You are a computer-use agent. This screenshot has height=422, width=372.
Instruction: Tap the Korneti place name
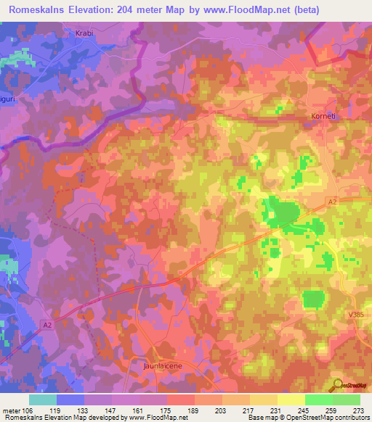(317, 115)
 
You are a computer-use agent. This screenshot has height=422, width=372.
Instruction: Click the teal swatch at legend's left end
(43, 399)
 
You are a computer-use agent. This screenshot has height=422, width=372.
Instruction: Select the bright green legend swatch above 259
(318, 399)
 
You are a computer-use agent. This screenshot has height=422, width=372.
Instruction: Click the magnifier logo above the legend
(337, 385)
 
